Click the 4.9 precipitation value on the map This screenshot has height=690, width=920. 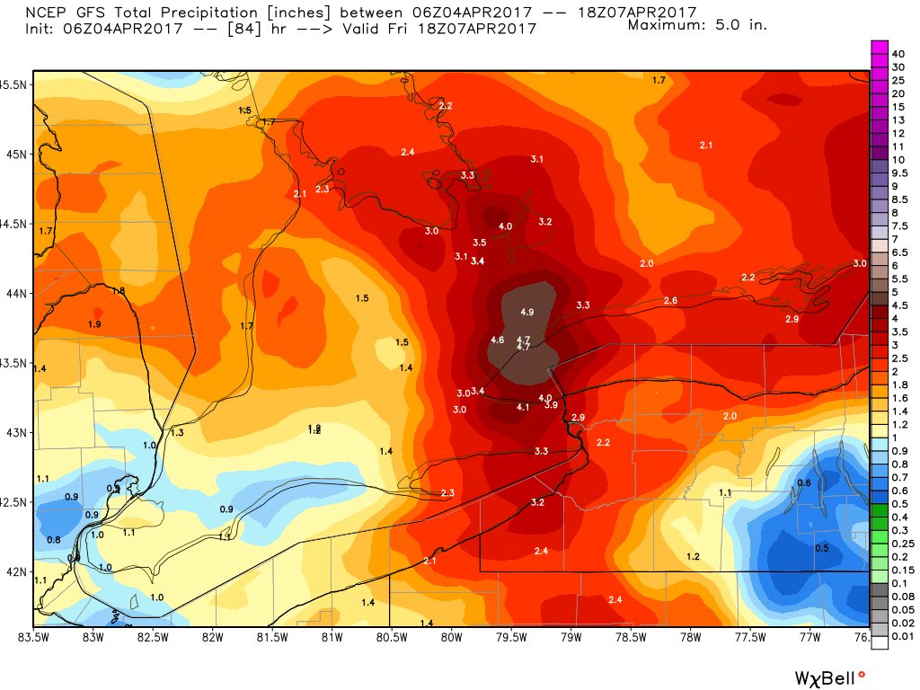point(527,312)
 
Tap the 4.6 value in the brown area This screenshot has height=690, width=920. point(498,340)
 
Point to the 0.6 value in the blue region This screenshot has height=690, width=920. point(804,483)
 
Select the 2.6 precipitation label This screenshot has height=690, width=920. point(669,300)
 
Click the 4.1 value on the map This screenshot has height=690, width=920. point(523,407)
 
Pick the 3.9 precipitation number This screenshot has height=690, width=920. point(551,405)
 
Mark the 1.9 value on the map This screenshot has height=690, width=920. point(95,324)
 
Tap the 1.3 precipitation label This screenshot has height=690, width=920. point(177,433)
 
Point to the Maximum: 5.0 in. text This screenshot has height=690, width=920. point(697,24)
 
